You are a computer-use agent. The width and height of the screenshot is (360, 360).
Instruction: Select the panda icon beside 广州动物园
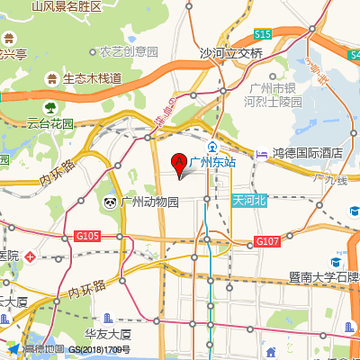pyautogui.click(x=110, y=202)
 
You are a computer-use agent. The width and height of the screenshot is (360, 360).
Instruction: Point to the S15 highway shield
pyautogui.click(x=262, y=34)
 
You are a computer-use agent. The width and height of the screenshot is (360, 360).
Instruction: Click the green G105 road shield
pyautogui.click(x=87, y=236)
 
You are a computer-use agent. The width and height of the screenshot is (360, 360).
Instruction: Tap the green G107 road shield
pyautogui.click(x=267, y=241)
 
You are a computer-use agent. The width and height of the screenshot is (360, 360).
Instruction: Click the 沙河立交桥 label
pyautogui.click(x=231, y=53)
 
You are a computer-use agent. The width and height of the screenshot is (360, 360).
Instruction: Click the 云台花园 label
pyautogui.click(x=49, y=123)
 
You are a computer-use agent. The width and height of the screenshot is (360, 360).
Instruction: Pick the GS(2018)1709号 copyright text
pyautogui.click(x=100, y=349)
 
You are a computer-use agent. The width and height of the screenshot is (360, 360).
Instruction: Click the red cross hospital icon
pyautogui.click(x=31, y=256)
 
